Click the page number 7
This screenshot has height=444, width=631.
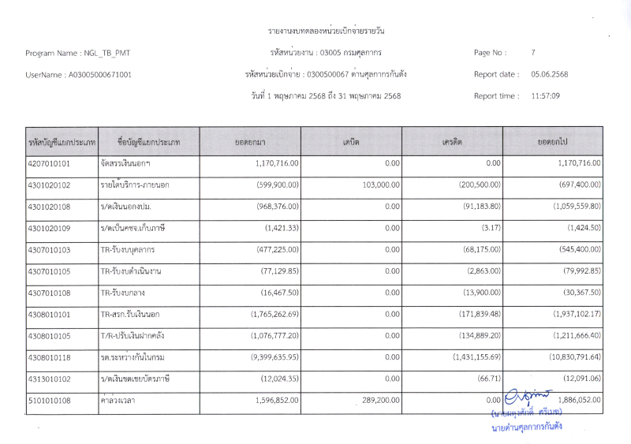coord(533,53)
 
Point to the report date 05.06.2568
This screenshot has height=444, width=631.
coord(549,74)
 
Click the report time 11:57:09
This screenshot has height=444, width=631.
coord(545,95)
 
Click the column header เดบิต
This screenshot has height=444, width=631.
coord(351,141)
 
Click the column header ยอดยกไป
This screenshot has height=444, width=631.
coord(553,141)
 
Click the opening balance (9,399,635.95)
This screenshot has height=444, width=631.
coord(268,357)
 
